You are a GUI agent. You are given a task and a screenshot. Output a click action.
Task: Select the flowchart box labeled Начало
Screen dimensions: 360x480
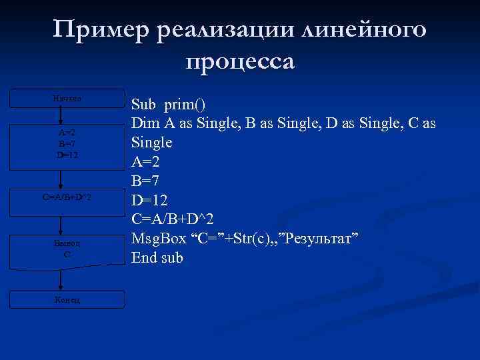(67, 99)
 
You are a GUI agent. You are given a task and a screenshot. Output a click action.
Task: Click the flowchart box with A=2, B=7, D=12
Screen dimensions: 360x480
(67, 143)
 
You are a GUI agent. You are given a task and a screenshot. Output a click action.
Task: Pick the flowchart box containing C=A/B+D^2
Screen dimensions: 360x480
(67, 198)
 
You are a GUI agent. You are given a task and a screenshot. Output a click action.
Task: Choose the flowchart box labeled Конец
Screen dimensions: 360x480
(67, 299)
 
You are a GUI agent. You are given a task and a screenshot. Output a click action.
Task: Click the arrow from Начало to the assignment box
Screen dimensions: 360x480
(61, 115)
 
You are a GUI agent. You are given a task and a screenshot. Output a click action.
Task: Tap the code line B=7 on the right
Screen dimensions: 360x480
(147, 180)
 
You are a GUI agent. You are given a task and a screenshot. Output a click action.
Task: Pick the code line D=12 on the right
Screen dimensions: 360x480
(151, 199)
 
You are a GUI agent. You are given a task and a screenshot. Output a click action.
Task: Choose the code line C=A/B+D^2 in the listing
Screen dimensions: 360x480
(173, 219)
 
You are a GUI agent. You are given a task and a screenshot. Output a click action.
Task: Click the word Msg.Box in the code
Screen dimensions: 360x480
(157, 238)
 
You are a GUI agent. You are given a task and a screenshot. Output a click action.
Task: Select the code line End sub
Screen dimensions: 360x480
(157, 257)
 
